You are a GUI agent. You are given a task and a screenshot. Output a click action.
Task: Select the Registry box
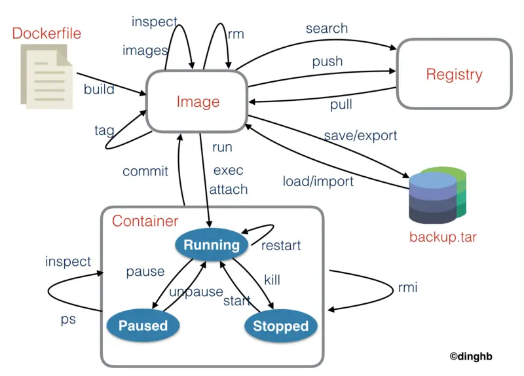click(x=454, y=74)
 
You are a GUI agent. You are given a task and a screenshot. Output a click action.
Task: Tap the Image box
click(x=198, y=102)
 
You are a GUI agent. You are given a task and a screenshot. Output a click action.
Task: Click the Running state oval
click(x=212, y=245)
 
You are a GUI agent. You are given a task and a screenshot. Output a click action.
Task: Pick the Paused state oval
click(x=143, y=326)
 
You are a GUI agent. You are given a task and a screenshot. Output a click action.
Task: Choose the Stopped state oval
click(x=280, y=326)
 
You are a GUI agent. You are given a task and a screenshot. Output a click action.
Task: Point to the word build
click(x=99, y=89)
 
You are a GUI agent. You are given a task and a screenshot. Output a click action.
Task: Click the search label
click(x=327, y=29)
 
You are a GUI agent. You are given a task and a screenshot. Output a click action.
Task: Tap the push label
click(x=327, y=62)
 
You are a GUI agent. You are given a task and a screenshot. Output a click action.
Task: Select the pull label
click(x=341, y=104)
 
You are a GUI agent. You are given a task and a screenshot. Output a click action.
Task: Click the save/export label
click(x=360, y=136)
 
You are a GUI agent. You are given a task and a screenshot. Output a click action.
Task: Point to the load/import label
click(x=318, y=181)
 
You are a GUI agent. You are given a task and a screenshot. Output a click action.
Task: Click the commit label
click(x=145, y=172)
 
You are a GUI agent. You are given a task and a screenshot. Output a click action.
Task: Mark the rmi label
click(x=407, y=288)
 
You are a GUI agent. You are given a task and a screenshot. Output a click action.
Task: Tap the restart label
click(x=281, y=246)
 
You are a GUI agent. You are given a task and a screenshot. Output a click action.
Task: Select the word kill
click(x=272, y=280)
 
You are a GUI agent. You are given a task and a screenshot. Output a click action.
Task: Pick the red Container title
click(x=145, y=221)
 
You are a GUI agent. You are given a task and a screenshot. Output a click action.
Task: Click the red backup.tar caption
click(x=443, y=236)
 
